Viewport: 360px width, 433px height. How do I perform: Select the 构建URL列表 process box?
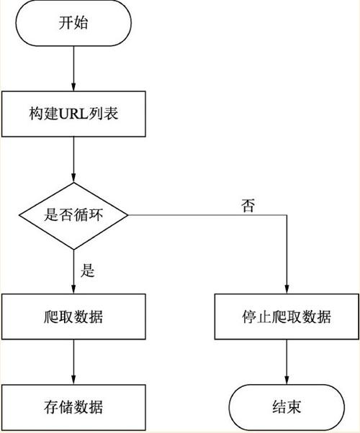[74, 114]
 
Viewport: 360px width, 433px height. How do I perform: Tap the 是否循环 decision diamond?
[74, 215]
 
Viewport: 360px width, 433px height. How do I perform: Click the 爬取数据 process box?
[74, 316]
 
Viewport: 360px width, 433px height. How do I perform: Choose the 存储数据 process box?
[74, 407]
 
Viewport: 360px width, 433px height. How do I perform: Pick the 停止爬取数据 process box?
[287, 316]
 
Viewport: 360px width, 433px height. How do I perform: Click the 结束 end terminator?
[287, 407]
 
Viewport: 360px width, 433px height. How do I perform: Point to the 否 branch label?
[247, 205]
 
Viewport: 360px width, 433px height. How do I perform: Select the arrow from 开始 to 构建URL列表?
[74, 68]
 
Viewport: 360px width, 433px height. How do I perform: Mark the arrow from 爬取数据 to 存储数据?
[74, 362]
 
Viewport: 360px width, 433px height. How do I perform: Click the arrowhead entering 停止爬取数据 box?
[287, 289]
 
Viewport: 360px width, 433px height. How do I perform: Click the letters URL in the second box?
[72, 114]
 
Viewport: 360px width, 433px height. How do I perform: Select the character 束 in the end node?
[296, 407]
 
